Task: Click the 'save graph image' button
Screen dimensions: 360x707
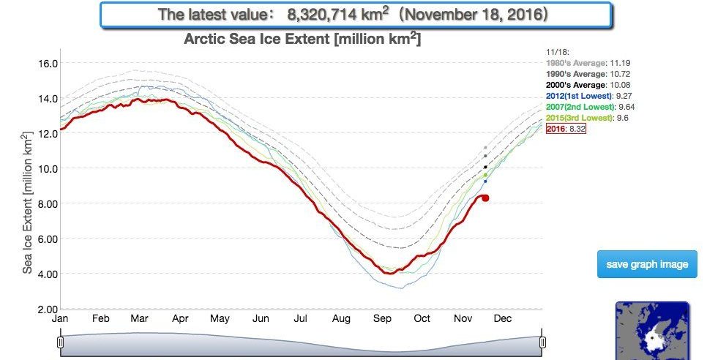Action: coord(647,264)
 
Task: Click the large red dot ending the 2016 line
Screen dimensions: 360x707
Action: coord(485,198)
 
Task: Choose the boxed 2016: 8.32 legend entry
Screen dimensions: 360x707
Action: coord(566,129)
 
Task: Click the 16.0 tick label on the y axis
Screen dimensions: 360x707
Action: coord(48,63)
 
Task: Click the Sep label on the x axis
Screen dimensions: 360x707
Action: coord(381,319)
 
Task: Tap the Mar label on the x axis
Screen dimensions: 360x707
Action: coord(141,319)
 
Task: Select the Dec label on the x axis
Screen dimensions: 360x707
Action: coord(502,319)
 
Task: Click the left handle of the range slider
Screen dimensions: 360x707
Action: coord(61,342)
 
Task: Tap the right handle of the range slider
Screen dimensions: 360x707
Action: coord(542,342)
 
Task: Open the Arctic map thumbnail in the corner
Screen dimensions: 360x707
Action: coord(652,330)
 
